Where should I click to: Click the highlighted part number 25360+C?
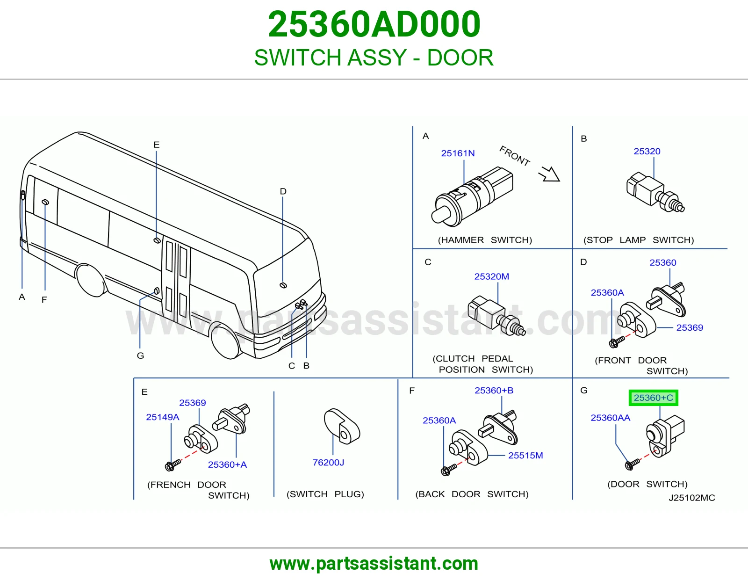(654, 398)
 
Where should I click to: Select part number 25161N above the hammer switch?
(458, 153)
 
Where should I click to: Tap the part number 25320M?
(491, 276)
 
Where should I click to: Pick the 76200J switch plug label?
(328, 463)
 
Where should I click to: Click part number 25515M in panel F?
(525, 455)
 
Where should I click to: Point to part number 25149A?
(163, 417)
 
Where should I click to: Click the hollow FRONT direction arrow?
(550, 174)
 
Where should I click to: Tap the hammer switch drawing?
(472, 197)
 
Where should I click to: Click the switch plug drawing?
(341, 427)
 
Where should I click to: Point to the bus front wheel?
(225, 341)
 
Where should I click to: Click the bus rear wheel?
(91, 280)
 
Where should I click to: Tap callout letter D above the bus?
(283, 191)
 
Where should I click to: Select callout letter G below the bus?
(140, 355)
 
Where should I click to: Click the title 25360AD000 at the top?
(374, 24)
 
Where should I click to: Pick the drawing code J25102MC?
(692, 498)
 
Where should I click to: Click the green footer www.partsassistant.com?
(374, 564)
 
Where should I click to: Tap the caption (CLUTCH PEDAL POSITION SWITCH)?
(482, 364)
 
